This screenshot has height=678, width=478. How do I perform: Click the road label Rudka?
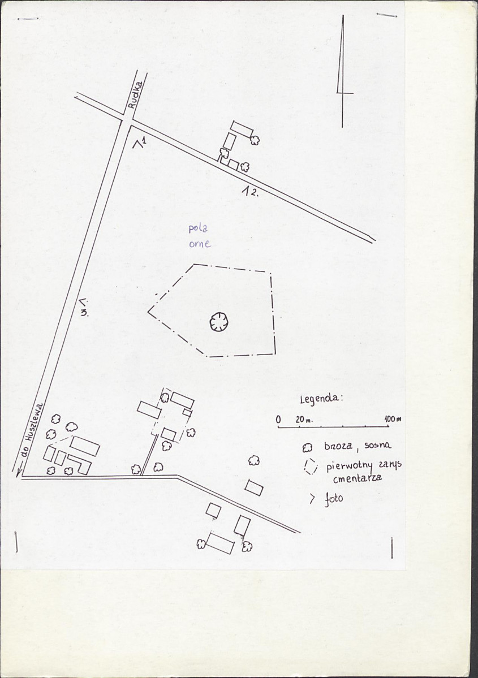pos(135,94)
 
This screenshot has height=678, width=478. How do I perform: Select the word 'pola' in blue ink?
pos(197,229)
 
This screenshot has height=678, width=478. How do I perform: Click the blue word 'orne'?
pos(200,244)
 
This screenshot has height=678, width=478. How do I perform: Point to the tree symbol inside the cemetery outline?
pos(219,322)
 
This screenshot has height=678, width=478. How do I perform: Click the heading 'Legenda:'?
pos(321,398)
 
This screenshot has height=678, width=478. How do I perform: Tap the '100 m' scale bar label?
pos(393,418)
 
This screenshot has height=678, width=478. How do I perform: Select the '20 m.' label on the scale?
pos(304,420)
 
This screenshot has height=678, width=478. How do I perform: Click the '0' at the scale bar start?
pos(278,420)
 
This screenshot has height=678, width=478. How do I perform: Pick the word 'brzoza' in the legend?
pos(338,446)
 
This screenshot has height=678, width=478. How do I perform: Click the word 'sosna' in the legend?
pos(378,445)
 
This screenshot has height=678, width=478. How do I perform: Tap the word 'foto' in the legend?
pos(334,499)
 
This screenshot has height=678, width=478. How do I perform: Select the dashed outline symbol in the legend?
pos(311,467)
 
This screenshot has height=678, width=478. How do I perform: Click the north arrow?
pos(343,71)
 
